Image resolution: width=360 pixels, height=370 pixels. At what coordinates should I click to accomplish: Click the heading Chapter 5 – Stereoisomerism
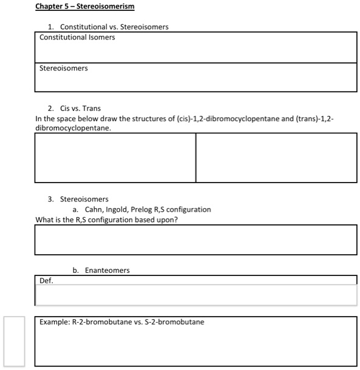pos(85,7)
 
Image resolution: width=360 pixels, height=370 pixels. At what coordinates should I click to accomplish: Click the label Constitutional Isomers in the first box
pos(77,38)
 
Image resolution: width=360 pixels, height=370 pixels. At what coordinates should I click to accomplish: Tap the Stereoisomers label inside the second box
pos(64,69)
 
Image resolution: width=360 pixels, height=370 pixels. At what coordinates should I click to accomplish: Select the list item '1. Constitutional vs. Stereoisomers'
pos(108,27)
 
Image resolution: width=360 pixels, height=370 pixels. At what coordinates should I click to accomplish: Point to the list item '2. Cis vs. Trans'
pos(74,108)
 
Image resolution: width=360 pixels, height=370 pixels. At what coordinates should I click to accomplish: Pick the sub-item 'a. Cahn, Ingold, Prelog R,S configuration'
pos(141,209)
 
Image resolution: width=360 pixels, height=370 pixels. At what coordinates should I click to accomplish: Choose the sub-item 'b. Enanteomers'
pos(101,270)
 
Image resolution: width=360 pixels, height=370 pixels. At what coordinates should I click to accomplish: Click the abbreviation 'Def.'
pos(46,281)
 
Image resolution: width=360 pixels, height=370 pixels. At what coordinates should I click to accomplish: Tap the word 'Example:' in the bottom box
pos(55,322)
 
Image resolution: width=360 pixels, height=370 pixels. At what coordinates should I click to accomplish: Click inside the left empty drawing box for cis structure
pos(115,157)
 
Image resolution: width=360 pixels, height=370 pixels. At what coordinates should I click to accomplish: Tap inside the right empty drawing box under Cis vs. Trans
pos(276,157)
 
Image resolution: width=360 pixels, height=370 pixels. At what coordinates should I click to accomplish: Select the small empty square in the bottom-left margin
pos(14,341)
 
